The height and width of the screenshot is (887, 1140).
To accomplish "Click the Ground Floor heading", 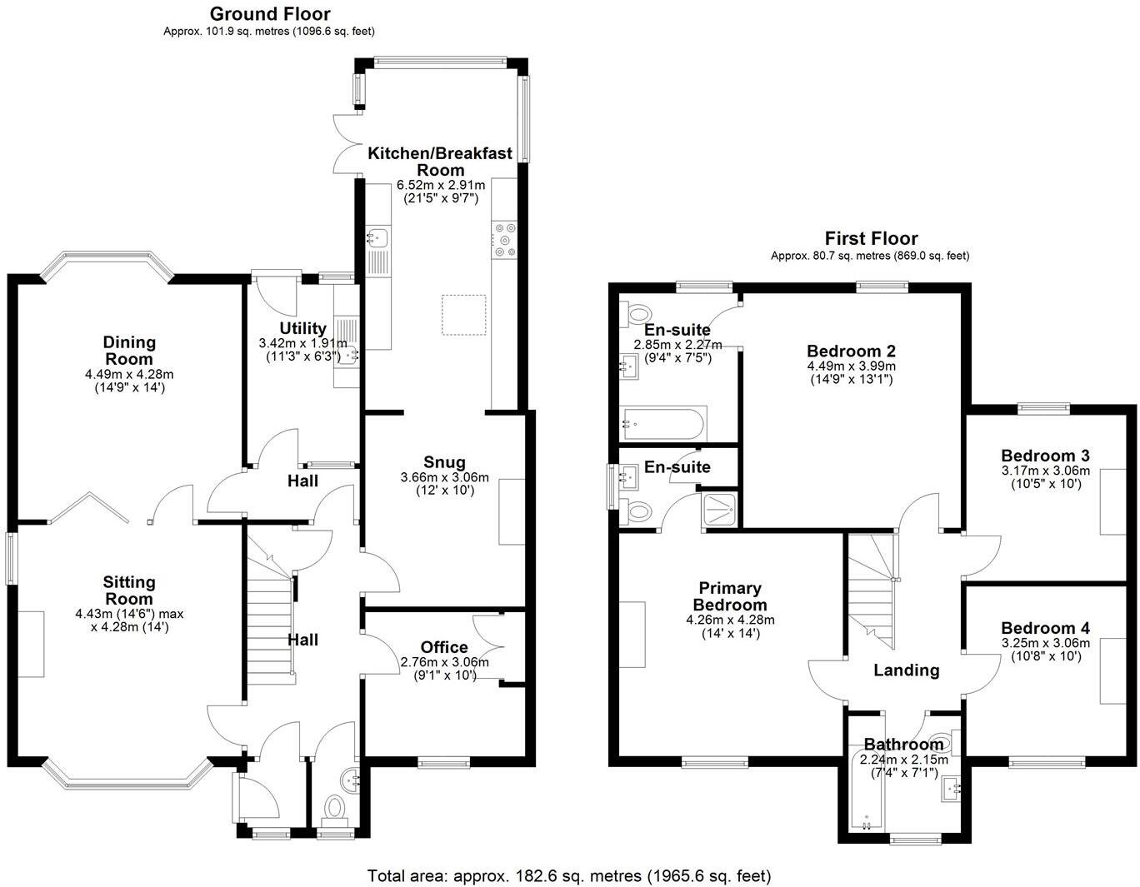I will (x=269, y=14).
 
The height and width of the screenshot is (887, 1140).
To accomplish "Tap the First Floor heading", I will (x=871, y=239).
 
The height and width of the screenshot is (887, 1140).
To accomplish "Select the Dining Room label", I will (x=129, y=351).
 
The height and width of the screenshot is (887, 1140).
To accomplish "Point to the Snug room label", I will (x=444, y=462).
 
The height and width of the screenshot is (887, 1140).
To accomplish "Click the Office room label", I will (x=444, y=647).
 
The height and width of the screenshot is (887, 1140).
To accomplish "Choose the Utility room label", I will (x=302, y=328).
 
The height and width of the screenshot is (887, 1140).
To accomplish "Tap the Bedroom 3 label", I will (x=1045, y=456).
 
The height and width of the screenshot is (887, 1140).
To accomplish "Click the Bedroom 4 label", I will (x=1045, y=628).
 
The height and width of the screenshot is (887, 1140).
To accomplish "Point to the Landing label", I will (x=906, y=670).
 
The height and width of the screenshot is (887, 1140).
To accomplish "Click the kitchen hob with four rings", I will (x=503, y=239).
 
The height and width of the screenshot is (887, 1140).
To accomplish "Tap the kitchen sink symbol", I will (x=377, y=238).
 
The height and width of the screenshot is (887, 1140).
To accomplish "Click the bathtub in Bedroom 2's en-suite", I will (x=664, y=423).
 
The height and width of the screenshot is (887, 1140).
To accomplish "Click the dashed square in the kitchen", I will (x=463, y=315).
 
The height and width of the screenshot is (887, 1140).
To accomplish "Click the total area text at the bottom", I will (x=569, y=875).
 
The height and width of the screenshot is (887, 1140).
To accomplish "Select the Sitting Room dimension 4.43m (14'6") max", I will (x=129, y=614).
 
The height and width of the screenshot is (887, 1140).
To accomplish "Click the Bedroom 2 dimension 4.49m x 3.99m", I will (x=850, y=366).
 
